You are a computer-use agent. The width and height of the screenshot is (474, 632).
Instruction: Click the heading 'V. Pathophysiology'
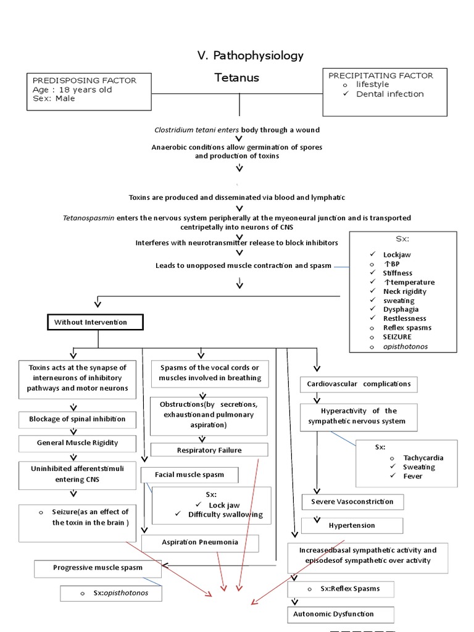251,56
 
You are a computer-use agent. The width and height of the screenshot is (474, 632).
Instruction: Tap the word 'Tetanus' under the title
236,78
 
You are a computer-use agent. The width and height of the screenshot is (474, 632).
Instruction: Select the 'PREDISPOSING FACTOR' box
89,92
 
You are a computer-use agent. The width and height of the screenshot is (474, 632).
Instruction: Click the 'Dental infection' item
389,94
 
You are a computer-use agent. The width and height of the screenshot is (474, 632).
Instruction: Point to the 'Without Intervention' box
95,322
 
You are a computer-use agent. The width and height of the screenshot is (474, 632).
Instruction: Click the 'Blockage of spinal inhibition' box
77,419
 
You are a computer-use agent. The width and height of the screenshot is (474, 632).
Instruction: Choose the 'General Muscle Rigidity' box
77,443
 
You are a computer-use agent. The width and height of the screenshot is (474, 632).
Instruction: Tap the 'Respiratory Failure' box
209,450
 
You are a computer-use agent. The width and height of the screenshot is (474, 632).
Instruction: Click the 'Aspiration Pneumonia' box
200,542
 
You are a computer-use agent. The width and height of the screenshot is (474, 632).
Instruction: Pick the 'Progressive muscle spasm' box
98,567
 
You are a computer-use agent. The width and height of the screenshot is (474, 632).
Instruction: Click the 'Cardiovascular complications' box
359,384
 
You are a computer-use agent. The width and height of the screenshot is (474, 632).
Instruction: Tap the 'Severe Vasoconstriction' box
352,502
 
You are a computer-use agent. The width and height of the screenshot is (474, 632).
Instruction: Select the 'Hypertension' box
352,526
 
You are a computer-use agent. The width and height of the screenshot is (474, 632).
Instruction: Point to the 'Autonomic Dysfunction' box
341,614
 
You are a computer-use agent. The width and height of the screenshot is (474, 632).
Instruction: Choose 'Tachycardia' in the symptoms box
423,458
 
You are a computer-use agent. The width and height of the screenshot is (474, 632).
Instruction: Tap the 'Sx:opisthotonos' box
112,593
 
